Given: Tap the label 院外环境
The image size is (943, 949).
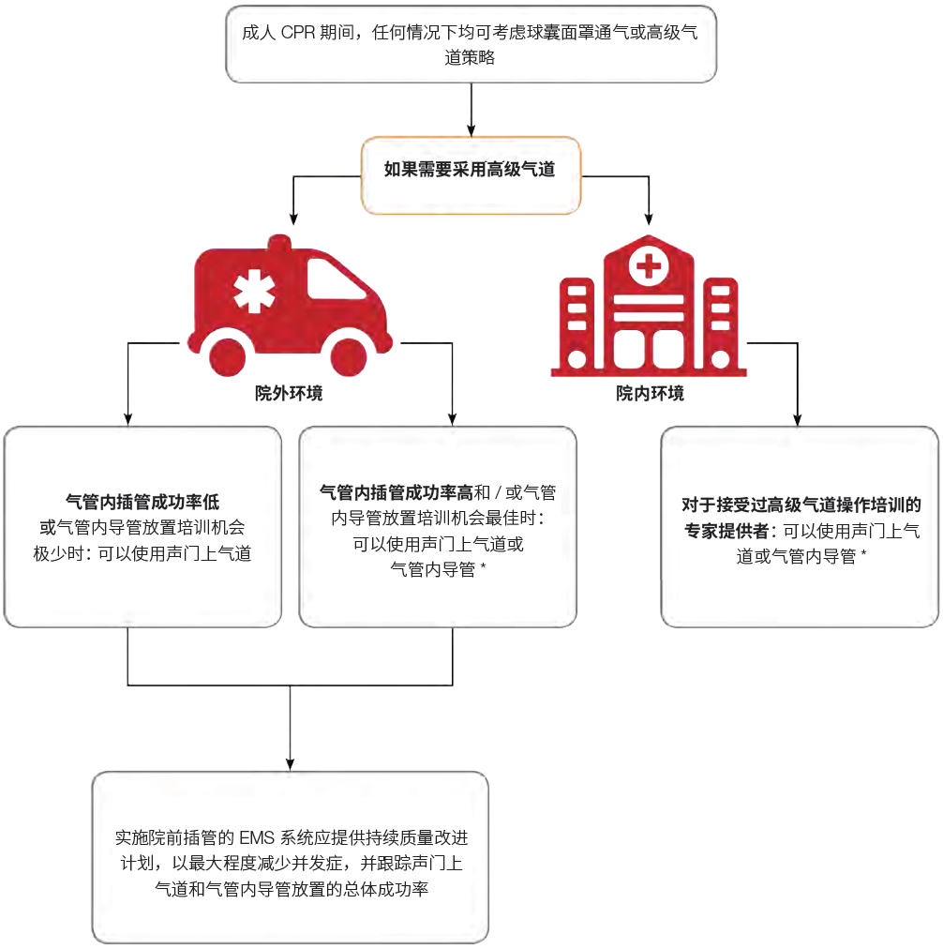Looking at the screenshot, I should coord(289,394).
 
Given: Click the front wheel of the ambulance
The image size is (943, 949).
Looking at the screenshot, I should coord(349,359).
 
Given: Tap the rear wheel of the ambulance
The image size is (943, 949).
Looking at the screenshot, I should coord(228,359).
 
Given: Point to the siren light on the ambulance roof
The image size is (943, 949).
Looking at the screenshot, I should coord(278,243).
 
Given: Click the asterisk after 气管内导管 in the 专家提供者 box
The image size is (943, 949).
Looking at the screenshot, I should coord(862,554).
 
